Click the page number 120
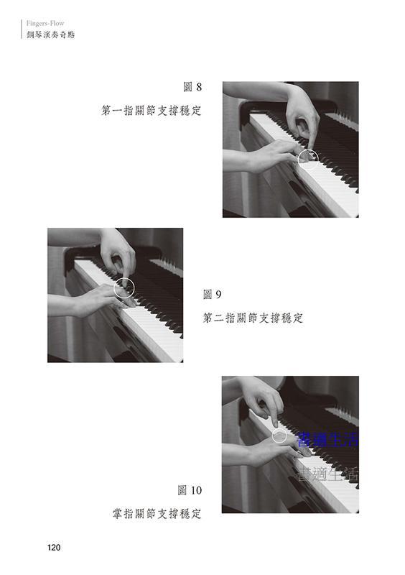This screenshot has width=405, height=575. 54,548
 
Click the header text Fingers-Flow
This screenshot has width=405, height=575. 45,24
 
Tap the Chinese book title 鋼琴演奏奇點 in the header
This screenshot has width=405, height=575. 50,34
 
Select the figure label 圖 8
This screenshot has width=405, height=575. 192,87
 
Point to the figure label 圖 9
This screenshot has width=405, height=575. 213,294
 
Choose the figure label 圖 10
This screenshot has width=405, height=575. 190,490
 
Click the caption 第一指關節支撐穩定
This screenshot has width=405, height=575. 152,111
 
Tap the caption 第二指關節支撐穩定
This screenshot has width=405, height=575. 253,318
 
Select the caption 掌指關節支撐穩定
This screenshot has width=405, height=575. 157,513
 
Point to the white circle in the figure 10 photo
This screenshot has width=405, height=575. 272,436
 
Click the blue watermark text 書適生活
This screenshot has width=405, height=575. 327,440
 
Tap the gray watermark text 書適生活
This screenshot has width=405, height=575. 327,474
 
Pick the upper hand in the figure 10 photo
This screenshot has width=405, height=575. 262,398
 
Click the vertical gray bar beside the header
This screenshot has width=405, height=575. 22,29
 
